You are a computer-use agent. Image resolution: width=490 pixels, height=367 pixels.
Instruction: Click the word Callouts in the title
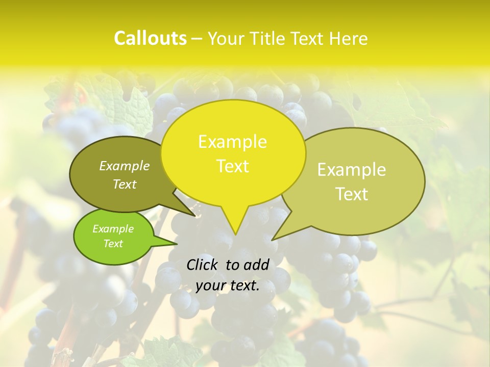click(150, 38)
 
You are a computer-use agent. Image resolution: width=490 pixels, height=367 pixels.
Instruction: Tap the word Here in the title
click(349, 38)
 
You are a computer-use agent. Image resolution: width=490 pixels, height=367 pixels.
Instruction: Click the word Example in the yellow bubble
click(232, 142)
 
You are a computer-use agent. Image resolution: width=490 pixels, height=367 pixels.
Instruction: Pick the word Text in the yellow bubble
click(232, 166)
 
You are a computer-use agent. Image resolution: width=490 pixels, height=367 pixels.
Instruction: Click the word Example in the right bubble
click(352, 170)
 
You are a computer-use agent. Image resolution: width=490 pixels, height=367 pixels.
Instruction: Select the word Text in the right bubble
click(352, 194)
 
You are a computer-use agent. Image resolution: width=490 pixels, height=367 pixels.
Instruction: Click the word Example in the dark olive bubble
click(125, 166)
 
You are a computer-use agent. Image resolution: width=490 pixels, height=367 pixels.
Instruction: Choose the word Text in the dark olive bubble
click(125, 185)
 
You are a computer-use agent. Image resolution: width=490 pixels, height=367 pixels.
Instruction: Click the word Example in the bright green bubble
click(113, 229)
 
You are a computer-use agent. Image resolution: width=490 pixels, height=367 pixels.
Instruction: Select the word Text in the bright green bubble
click(113, 244)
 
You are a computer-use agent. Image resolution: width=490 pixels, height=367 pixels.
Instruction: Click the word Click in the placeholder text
click(203, 265)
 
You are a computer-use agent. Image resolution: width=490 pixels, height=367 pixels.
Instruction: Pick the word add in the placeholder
click(256, 265)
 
